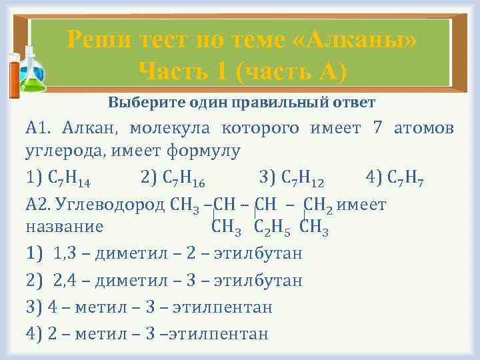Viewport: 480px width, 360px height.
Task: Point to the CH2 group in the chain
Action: click(317, 203)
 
